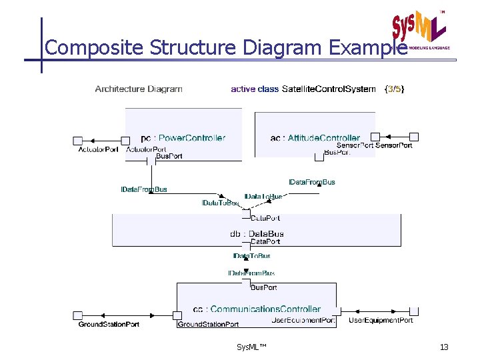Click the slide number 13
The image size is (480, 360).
444,347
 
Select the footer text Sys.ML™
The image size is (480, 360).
251,347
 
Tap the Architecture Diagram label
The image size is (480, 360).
139,89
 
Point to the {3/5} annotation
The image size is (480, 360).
394,89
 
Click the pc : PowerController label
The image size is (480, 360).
183,138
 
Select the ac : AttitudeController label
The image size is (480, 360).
315,138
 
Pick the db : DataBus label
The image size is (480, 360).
257,233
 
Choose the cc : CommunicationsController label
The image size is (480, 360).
257,309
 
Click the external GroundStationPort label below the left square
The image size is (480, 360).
109,324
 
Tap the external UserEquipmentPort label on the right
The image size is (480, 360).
381,321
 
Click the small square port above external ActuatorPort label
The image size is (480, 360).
77,140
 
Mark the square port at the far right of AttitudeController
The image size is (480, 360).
413,137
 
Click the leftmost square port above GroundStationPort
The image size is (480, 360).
77,315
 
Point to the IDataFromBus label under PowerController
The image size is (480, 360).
144,189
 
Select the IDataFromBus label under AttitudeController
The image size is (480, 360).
311,182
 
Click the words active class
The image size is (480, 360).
255,89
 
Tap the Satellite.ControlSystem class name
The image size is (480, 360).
329,89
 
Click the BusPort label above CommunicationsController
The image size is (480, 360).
263,287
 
